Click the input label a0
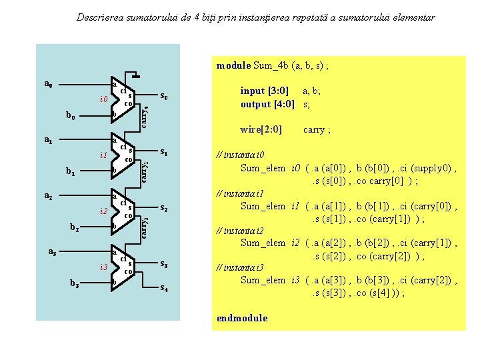48,84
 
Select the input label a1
48,141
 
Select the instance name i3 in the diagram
104,267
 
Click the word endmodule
242,318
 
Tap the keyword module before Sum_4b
233,65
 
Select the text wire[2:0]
261,129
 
